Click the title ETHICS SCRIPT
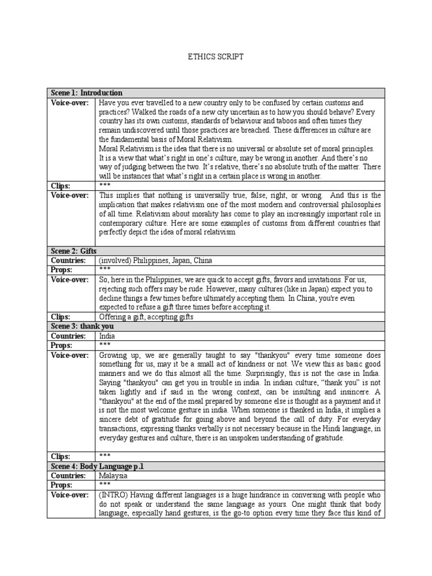pyautogui.click(x=215, y=57)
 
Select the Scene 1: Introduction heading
pyautogui.click(x=86, y=93)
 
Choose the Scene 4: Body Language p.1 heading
pyautogui.click(x=93, y=466)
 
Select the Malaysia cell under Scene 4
pyautogui.click(x=113, y=475)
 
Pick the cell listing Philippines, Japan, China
pyautogui.click(x=156, y=260)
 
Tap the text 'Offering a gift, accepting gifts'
pyautogui.click(x=146, y=317)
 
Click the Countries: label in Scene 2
pyautogui.click(x=68, y=260)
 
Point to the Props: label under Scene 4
pyautogui.click(x=61, y=484)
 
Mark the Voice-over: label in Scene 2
pyautogui.click(x=70, y=280)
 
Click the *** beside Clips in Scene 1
pyautogui.click(x=105, y=185)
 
